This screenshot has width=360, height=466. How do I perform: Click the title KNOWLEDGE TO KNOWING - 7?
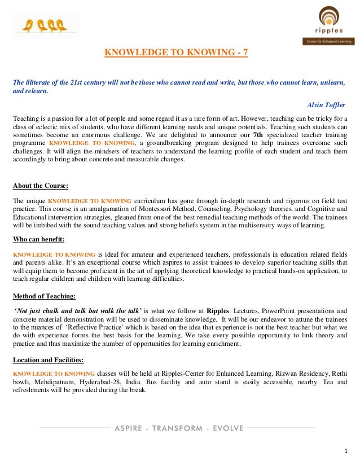[x=176, y=53]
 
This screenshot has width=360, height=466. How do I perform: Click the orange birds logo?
[x=45, y=25]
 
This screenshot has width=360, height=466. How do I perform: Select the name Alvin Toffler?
[x=326, y=105]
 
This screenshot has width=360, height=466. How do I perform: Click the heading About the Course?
[x=41, y=186]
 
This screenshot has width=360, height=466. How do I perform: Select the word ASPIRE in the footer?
[x=130, y=428]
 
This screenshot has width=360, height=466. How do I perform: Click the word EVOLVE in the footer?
[x=226, y=428]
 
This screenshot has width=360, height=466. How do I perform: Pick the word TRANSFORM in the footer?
[x=177, y=428]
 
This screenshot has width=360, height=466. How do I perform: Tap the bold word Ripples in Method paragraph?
[x=218, y=311]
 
